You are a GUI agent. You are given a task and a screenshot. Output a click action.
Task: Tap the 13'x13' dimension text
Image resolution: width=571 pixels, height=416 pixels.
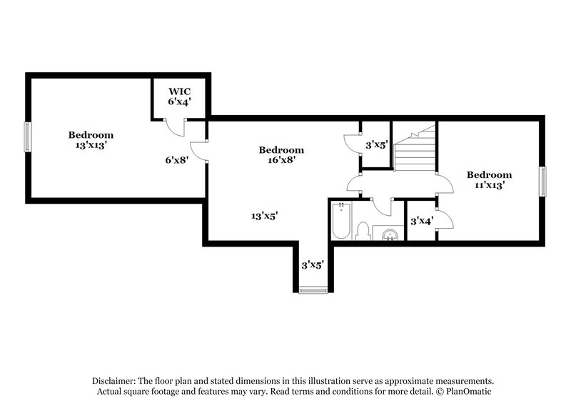[x=91, y=145]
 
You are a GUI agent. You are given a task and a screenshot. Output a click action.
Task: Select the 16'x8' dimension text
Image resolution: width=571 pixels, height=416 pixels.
[x=281, y=160]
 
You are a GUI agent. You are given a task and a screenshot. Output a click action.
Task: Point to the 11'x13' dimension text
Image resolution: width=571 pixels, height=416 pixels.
[x=489, y=185]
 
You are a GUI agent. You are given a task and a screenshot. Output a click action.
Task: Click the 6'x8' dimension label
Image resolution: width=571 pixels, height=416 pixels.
[x=176, y=160]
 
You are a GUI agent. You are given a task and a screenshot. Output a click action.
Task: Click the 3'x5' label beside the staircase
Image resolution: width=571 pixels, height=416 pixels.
[x=376, y=145]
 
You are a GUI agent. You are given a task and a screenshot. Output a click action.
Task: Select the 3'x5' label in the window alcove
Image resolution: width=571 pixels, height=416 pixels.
[x=313, y=264]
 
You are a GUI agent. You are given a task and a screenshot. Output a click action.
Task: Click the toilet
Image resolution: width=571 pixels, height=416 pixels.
[x=363, y=232]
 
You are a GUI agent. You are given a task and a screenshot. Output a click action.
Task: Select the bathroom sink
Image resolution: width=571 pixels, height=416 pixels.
[x=389, y=234]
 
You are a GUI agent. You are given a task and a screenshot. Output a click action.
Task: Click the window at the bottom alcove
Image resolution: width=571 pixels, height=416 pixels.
[x=313, y=289]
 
